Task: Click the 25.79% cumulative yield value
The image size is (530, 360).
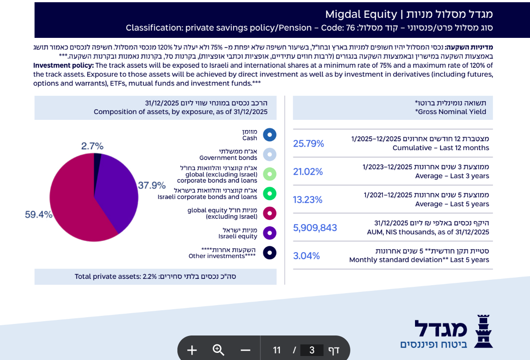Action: tap(308, 143)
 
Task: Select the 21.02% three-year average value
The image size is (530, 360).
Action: tap(308, 172)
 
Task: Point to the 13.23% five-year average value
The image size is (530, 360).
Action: tap(308, 200)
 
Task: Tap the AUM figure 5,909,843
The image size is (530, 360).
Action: tap(315, 228)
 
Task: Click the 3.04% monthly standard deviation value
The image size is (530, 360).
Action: tap(306, 256)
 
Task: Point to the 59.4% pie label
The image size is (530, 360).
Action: tap(38, 215)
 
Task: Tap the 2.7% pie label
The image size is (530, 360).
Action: tap(92, 146)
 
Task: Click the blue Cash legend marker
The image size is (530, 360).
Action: tap(270, 135)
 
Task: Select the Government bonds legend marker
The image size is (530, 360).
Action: tap(270, 154)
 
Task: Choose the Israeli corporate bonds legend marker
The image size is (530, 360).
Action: tap(270, 193)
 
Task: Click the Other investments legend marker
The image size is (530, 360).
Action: tap(270, 253)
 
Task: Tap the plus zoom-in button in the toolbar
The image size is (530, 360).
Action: tap(192, 350)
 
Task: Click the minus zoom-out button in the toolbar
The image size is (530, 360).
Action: tap(245, 350)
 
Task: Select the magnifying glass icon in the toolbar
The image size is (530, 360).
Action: tap(218, 350)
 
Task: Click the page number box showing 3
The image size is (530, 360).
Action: tap(312, 350)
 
